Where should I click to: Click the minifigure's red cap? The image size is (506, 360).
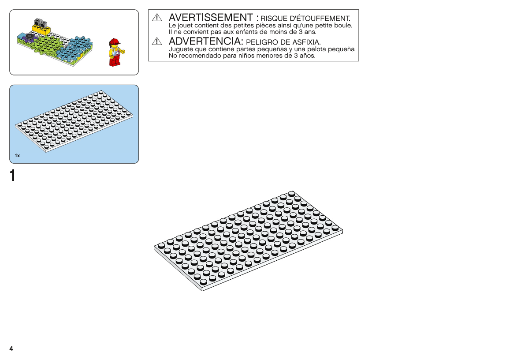coord(114,42)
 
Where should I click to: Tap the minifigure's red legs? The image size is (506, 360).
coord(114,61)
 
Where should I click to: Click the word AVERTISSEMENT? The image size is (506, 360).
coord(211,18)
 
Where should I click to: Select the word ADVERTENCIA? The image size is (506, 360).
coord(205,41)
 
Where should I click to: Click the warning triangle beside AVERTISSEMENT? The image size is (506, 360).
coord(157,18)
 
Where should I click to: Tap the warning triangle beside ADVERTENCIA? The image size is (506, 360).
coord(157,41)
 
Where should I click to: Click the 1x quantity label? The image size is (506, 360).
coord(18,156)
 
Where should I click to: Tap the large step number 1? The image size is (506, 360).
coord(13,176)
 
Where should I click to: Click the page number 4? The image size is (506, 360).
coord(11,349)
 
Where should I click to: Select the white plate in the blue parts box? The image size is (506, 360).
coord(74,121)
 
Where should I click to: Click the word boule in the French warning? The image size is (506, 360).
coord(343,25)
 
